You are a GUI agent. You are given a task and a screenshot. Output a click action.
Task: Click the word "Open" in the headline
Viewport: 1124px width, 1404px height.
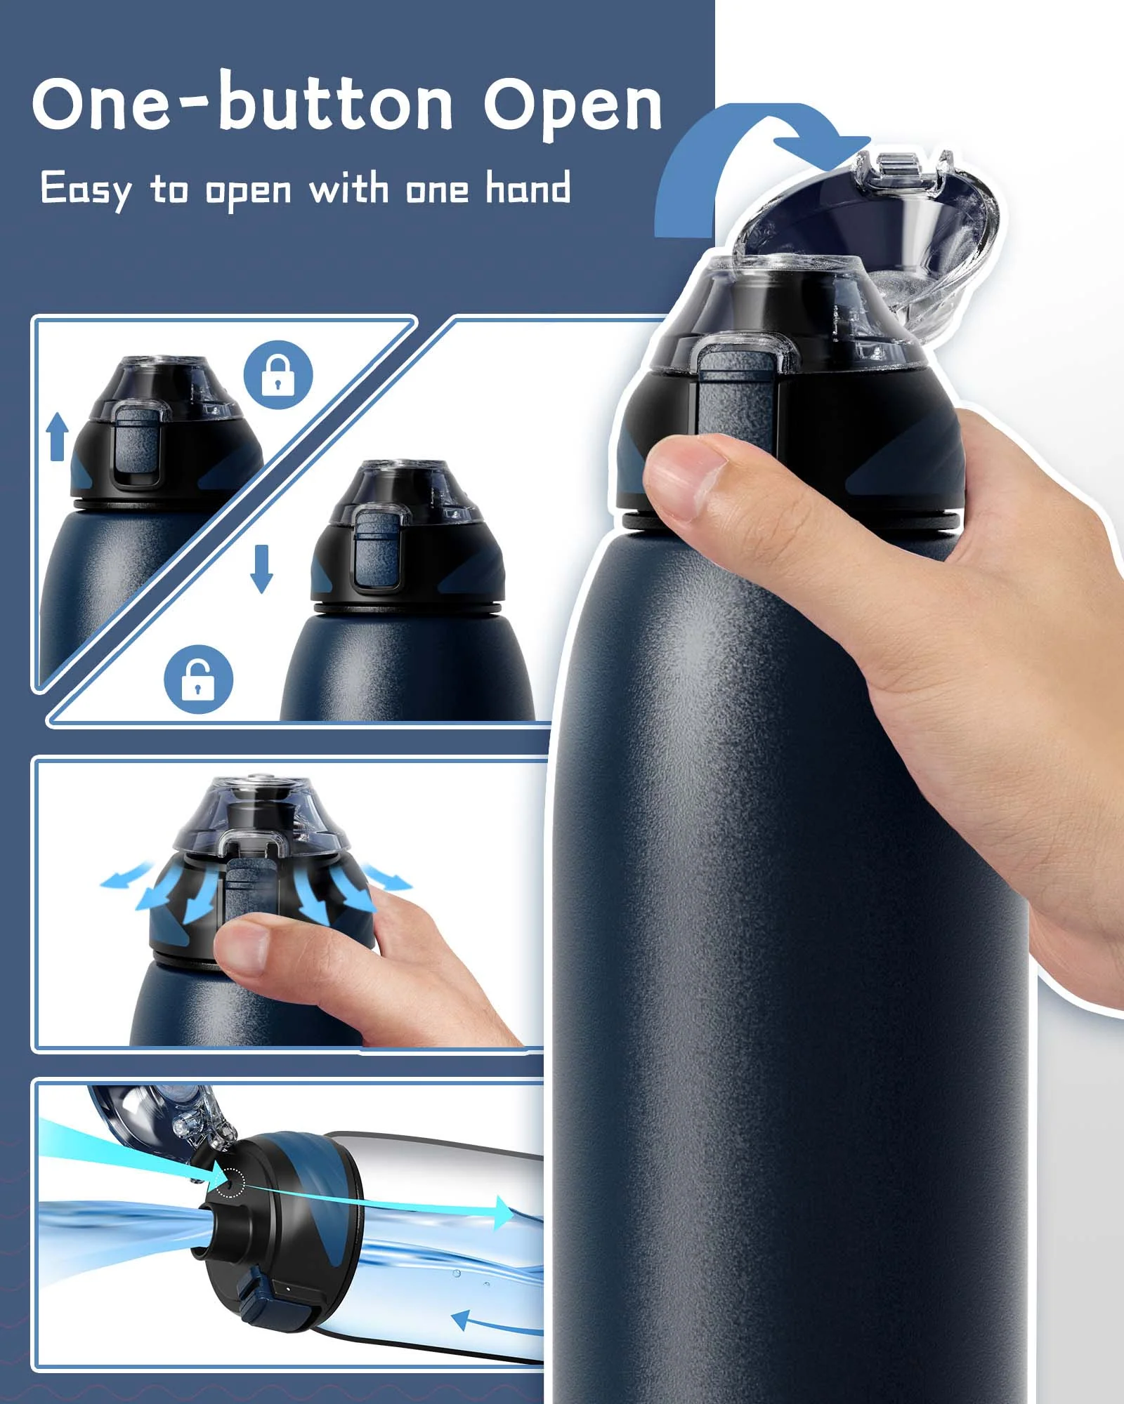(x=573, y=105)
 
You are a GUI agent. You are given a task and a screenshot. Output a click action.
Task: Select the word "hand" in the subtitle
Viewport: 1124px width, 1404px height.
(x=528, y=187)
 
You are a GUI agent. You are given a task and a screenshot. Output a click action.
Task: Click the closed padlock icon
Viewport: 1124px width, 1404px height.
(x=278, y=374)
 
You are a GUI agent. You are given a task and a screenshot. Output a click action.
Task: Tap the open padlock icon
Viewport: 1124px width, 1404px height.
(x=198, y=679)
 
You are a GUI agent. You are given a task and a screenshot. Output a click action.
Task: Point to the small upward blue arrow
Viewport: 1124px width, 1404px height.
(x=58, y=436)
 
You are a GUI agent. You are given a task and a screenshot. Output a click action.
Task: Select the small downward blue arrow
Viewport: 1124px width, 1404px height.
(x=262, y=569)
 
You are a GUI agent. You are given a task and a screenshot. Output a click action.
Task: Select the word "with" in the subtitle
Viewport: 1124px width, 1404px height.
(x=348, y=188)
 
